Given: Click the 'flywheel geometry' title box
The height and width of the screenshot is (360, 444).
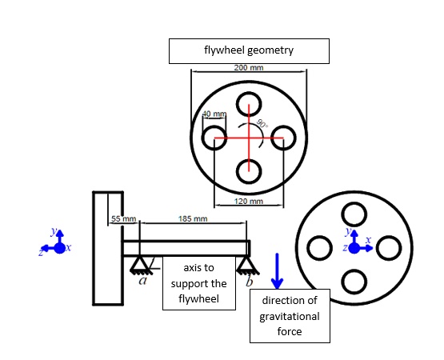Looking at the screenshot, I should [249, 50].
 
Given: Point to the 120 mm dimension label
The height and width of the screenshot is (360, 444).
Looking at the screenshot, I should [249, 201].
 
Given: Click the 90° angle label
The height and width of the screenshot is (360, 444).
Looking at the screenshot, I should [263, 124].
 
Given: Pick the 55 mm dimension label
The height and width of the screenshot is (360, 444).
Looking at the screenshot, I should [124, 218].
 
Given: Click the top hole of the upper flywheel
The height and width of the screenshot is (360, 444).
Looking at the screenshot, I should [249, 104].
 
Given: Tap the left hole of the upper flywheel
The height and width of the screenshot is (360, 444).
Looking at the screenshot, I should [214, 138].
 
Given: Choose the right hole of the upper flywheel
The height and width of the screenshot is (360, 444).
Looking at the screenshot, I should [284, 138].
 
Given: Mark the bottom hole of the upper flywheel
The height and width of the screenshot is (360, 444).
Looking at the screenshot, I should [249, 172].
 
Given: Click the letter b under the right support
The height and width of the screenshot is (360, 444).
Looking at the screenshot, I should [250, 282].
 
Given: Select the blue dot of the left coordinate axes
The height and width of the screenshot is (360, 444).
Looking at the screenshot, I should [58, 248].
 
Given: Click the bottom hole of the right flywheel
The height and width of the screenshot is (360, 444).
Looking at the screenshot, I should [354, 282].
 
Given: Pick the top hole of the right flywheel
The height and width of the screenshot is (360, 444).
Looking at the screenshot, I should [354, 214].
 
